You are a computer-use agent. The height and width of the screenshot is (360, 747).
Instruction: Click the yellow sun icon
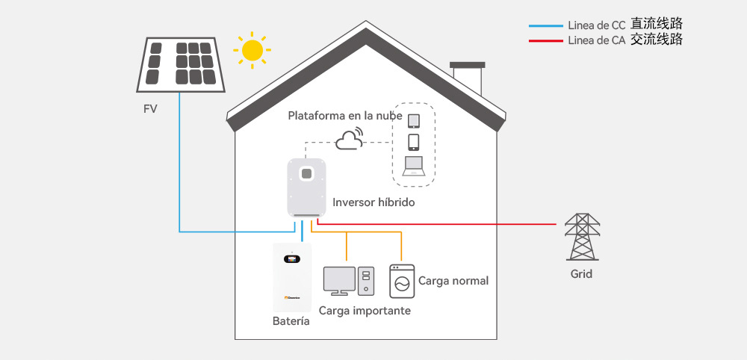pyautogui.click(x=252, y=50)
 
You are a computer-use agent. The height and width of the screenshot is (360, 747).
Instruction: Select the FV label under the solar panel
pyautogui.click(x=150, y=109)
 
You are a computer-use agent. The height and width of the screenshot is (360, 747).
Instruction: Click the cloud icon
pyautogui.click(x=349, y=139)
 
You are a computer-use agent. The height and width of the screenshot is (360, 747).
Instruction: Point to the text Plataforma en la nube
pyautogui.click(x=345, y=116)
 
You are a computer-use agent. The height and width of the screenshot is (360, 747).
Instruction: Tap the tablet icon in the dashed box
pyautogui.click(x=414, y=121)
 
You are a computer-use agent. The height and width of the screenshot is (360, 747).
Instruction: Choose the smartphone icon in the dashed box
pyautogui.click(x=414, y=143)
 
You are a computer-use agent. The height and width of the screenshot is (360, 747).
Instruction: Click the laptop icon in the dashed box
pyautogui.click(x=413, y=167)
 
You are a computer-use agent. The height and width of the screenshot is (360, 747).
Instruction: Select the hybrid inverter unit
pyautogui.click(x=307, y=188)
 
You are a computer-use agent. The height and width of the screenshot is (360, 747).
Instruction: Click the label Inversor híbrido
pyautogui.click(x=373, y=202)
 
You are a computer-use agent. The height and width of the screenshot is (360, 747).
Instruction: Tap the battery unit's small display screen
pyautogui.click(x=291, y=259)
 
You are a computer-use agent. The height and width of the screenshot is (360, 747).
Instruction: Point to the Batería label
pyautogui.click(x=291, y=321)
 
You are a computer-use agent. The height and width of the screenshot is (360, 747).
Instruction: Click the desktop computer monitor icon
pyautogui.click(x=340, y=281)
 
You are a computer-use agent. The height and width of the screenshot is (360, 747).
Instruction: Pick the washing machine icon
pyautogui.click(x=402, y=281)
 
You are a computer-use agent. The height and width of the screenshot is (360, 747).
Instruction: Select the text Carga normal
pyautogui.click(x=453, y=281)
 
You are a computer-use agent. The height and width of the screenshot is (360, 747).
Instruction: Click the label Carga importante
pyautogui.click(x=365, y=311)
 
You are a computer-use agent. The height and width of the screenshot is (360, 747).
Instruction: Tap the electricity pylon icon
pyautogui.click(x=582, y=237)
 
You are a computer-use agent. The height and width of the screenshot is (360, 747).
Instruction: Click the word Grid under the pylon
pyautogui.click(x=582, y=274)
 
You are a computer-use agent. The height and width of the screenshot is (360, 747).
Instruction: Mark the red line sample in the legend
pyautogui.click(x=546, y=41)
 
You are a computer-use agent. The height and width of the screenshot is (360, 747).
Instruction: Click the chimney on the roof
pyautogui.click(x=468, y=78)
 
